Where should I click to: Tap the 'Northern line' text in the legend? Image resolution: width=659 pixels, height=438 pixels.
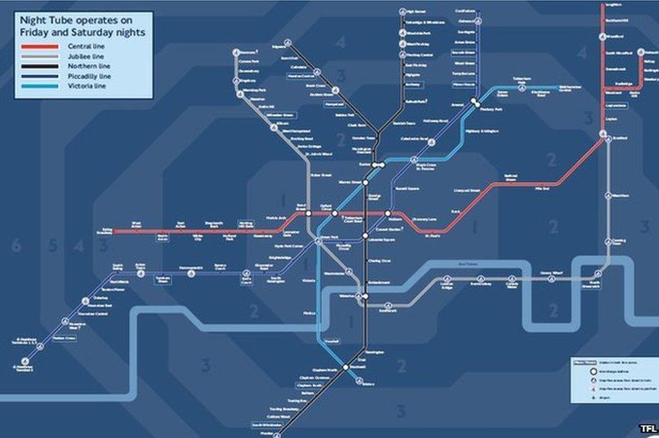pos(88,66)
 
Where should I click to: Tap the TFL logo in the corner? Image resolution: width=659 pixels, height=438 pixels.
pos(648,429)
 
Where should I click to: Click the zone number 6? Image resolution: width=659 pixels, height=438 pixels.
pos(16,245)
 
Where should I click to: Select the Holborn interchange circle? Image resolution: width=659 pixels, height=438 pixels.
pos(388,213)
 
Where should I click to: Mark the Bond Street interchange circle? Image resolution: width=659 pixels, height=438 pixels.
pos(308,213)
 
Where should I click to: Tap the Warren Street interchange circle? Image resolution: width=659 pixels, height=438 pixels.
pos(365,182)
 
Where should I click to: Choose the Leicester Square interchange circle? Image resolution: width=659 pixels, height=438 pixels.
pos(365,236)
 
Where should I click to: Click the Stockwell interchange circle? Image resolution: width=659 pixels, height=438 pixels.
pos(345,367)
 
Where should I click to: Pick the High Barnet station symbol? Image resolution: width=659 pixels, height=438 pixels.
pos(403,11)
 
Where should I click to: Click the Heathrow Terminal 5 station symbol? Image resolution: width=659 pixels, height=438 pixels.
pos(25,361)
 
